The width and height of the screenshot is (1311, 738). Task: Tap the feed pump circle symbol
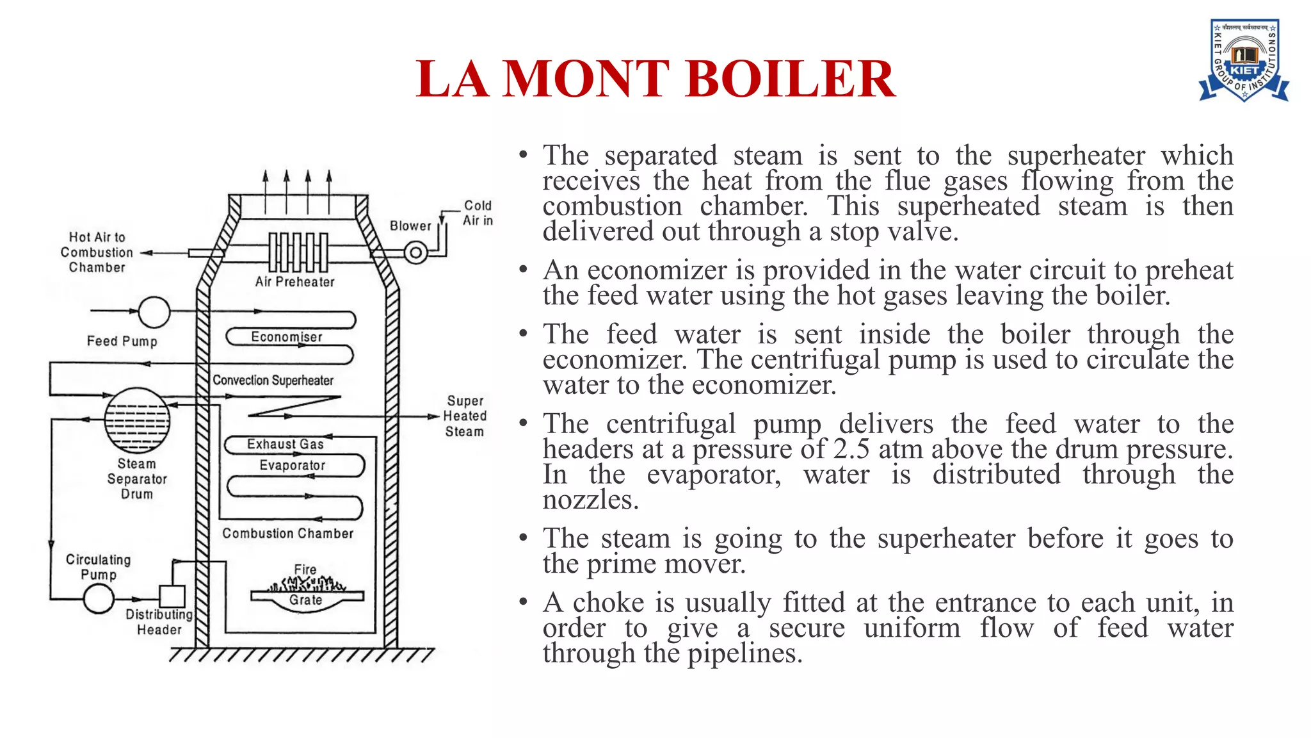point(154,312)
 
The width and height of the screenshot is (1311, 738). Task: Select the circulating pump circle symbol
point(99,600)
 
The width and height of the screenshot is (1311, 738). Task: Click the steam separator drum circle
point(137,420)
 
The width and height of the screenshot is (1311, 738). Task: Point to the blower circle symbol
point(415,252)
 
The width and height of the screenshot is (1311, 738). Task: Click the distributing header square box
point(172,596)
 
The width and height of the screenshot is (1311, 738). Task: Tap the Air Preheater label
point(294,282)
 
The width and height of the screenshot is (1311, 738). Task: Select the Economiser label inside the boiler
point(286,337)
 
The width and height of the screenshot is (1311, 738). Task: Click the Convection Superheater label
point(273,381)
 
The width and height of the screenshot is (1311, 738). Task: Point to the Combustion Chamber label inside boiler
point(287,534)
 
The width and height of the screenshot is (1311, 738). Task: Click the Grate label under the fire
point(305,600)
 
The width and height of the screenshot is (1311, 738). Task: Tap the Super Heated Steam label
point(465,416)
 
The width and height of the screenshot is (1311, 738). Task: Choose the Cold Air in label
point(478,213)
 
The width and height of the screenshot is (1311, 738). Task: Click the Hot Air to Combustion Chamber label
point(97,252)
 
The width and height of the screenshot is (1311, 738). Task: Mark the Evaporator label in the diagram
point(292,466)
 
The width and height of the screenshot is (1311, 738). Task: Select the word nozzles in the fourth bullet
point(590,500)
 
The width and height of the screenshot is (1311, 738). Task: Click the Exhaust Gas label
point(285,444)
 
